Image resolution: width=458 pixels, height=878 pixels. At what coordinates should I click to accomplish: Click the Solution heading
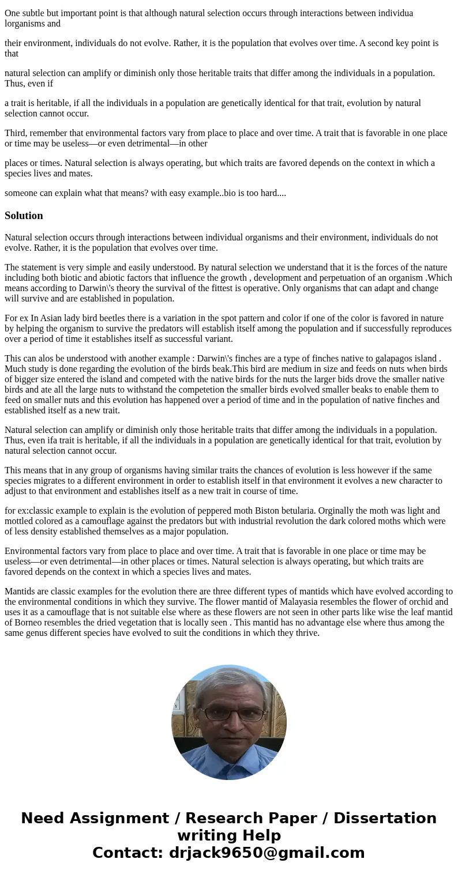24,216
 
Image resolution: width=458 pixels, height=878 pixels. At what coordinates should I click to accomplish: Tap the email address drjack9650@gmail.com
266,853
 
